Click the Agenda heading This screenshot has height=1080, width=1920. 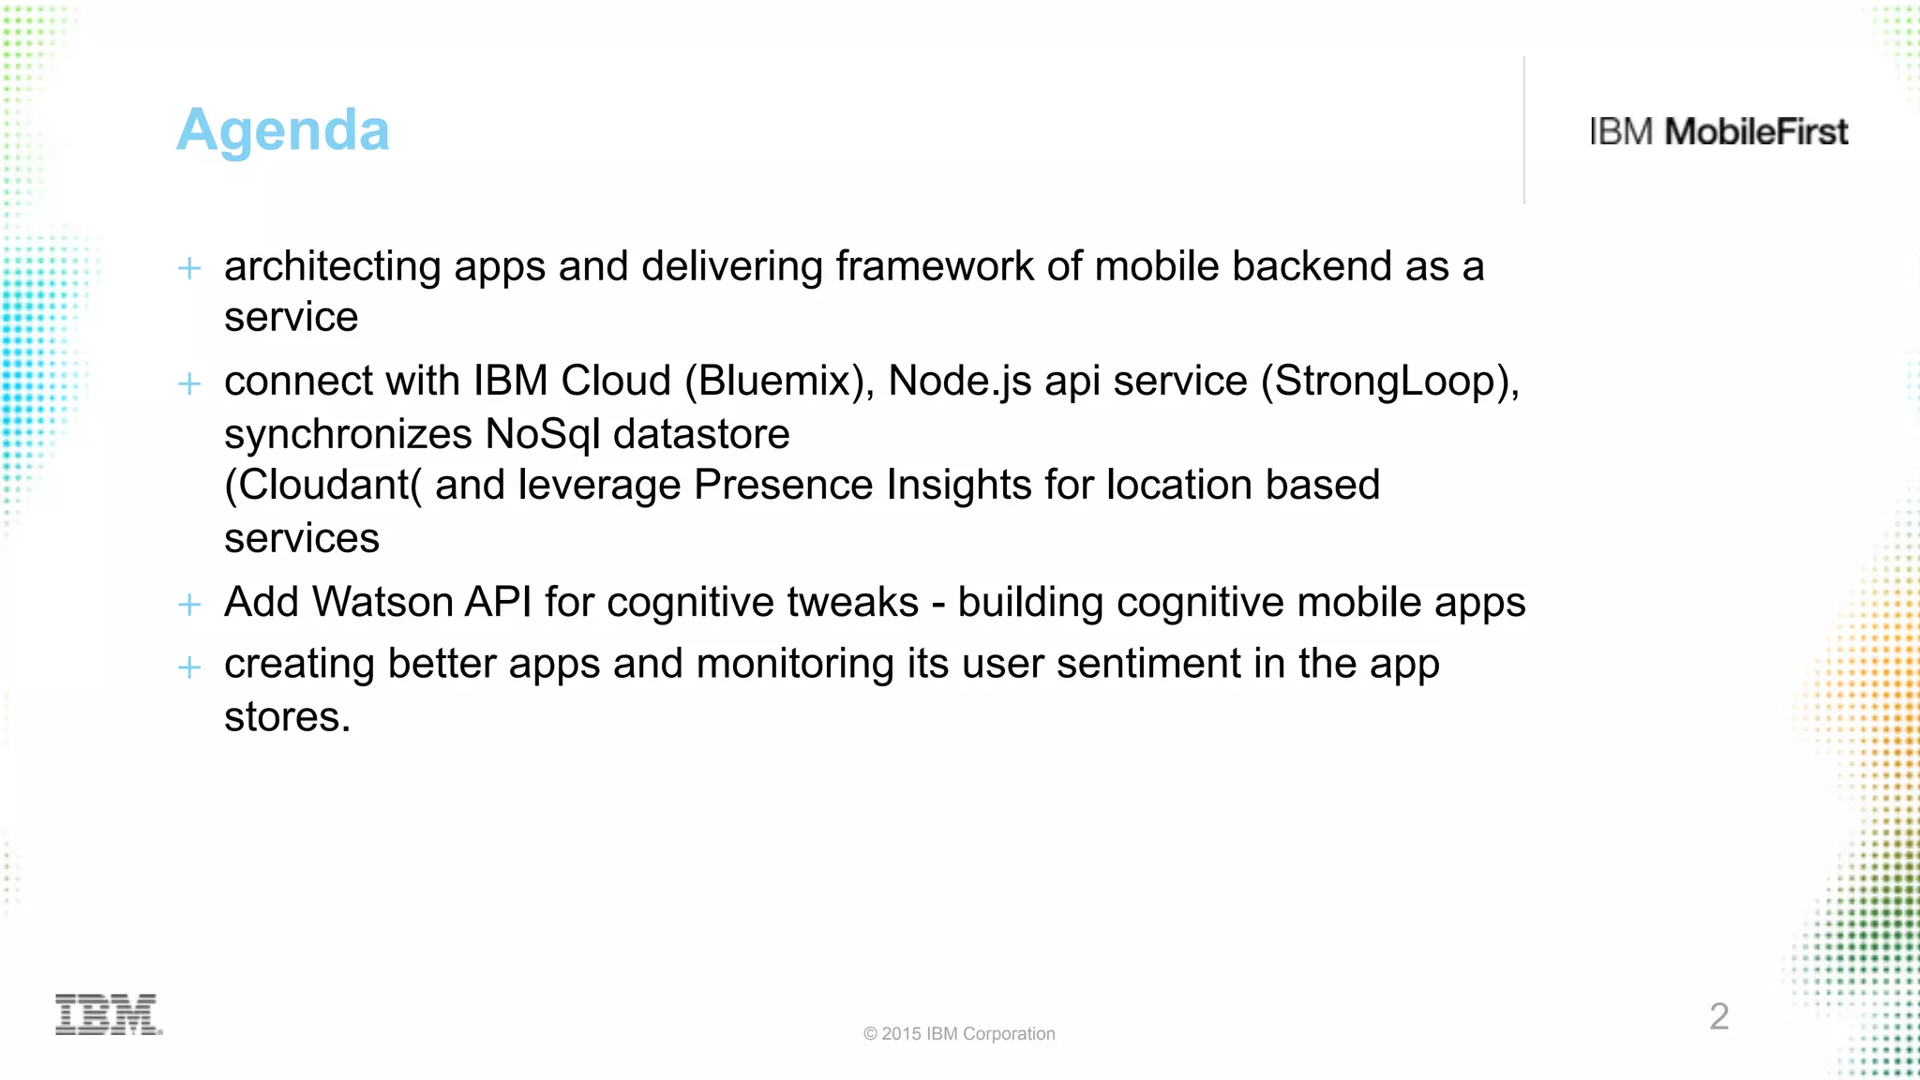pyautogui.click(x=282, y=130)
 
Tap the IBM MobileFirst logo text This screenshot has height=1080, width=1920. pyautogui.click(x=1718, y=132)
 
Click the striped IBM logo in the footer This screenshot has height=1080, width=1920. pyautogui.click(x=109, y=1014)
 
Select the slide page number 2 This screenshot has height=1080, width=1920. pyautogui.click(x=1718, y=1016)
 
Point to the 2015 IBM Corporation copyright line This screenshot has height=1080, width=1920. pyautogui.click(x=959, y=1033)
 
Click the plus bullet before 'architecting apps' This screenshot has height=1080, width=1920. pyautogui.click(x=189, y=269)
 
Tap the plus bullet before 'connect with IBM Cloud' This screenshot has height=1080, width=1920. pyautogui.click(x=189, y=383)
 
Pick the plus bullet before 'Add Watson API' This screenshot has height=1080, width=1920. pyautogui.click(x=189, y=605)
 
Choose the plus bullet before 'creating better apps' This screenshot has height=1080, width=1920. pyautogui.click(x=189, y=667)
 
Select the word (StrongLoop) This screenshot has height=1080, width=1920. pyautogui.click(x=1389, y=382)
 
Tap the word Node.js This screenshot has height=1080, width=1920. pyautogui.click(x=959, y=382)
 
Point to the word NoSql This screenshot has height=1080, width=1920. pyautogui.click(x=542, y=434)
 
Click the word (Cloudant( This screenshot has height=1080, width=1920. pyautogui.click(x=322, y=486)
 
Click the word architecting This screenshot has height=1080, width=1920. pyautogui.click(x=332, y=267)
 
